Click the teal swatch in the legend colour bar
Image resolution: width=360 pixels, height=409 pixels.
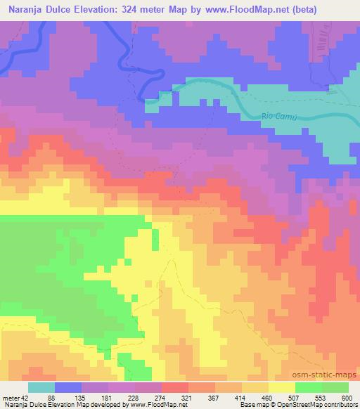41,387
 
